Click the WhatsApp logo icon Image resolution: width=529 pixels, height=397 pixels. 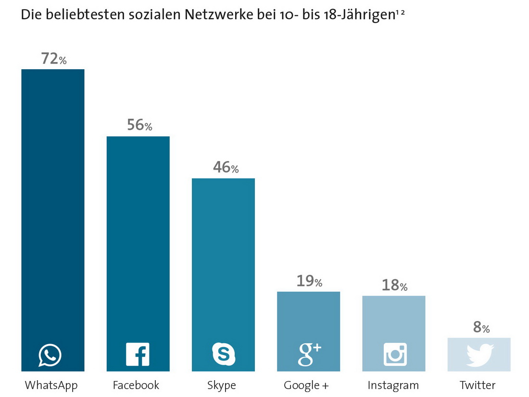click(50, 355)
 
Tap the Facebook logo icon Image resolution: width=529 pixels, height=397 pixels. click(138, 355)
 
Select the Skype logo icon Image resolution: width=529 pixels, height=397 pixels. click(224, 355)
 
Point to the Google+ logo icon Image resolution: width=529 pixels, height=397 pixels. click(309, 355)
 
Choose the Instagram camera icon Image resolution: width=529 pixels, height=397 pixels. click(395, 355)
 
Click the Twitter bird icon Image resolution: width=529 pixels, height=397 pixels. click(480, 355)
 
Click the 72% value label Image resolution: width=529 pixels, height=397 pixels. click(53, 59)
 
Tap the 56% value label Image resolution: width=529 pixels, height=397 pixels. click(139, 125)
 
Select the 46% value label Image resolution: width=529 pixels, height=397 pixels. click(225, 168)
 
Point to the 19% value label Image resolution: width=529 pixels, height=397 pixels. click(309, 281)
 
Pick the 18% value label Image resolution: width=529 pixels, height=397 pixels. click(394, 285)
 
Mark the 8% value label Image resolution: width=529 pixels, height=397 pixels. click(481, 328)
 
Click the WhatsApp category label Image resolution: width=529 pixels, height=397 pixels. click(51, 385)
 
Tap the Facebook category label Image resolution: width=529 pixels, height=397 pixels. click(136, 385)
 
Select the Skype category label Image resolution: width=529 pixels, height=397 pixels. click(222, 385)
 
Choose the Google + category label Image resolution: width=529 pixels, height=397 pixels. click(306, 385)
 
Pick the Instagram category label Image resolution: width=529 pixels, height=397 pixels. click(393, 385)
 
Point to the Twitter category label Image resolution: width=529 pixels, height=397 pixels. click(478, 385)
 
